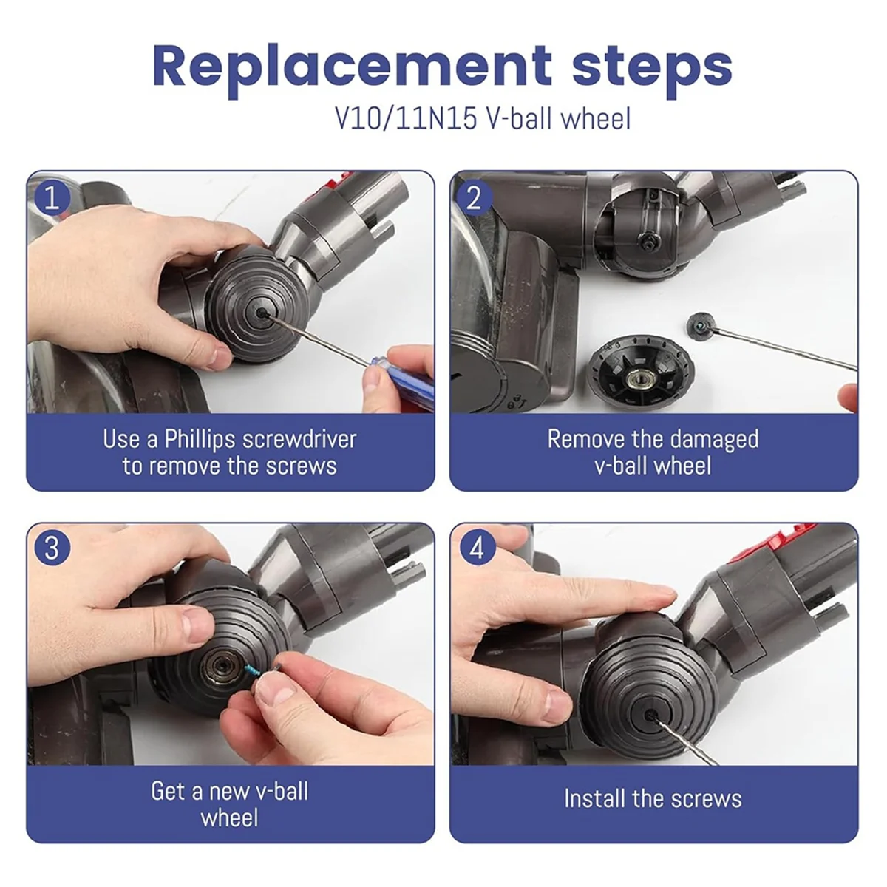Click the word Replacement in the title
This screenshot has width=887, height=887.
(x=352, y=67)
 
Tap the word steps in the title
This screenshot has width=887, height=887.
(x=652, y=69)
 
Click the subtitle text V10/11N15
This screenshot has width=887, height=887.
(x=406, y=119)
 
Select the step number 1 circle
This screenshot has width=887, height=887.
(x=52, y=198)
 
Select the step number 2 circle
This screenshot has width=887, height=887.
(x=475, y=198)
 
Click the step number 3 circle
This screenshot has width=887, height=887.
(x=52, y=548)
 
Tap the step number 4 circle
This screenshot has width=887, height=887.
(x=477, y=548)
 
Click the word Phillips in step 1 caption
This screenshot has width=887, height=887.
(x=200, y=440)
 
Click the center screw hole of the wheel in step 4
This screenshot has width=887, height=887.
(x=651, y=715)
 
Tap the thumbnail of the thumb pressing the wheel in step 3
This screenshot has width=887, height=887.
(x=198, y=625)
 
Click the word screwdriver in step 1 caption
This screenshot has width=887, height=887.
(x=299, y=440)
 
